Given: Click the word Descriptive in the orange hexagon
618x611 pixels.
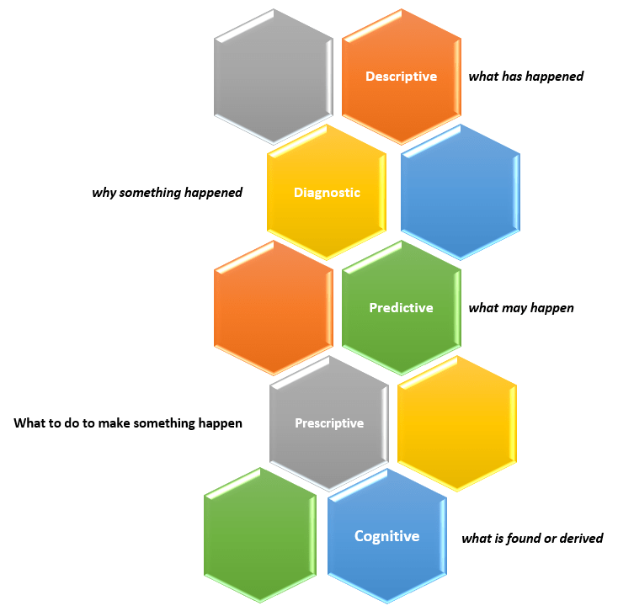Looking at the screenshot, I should [401, 77].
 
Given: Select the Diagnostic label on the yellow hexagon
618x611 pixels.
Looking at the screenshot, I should [327, 193].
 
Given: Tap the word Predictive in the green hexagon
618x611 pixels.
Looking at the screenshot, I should [401, 308].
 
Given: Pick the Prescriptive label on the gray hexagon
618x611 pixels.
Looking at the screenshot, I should [329, 423].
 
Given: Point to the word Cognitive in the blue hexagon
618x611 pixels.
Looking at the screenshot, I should [386, 536].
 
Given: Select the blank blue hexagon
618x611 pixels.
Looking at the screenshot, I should [460, 193].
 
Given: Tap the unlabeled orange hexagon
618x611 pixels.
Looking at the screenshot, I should [273, 308].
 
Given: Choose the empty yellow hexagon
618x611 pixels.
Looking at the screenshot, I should [456, 423].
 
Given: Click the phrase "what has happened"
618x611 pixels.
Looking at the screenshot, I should [525, 77].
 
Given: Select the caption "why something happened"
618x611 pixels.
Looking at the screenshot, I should [167, 193].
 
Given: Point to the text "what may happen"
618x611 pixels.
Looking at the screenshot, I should [520, 308].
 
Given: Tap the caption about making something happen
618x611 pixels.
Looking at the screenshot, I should [128, 423].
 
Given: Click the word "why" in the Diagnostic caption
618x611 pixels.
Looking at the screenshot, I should [104, 193].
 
